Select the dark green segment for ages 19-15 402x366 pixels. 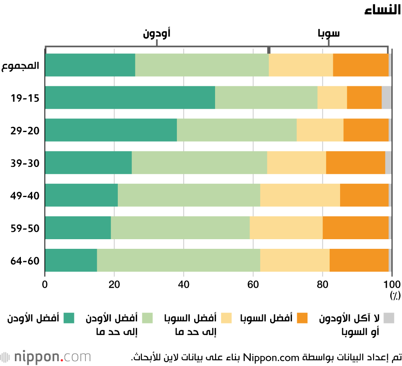[130, 98]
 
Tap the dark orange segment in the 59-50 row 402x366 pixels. [355, 228]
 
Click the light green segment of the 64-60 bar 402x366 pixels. [178, 260]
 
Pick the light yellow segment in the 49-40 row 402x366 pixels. [300, 195]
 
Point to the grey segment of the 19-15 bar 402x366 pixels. [386, 98]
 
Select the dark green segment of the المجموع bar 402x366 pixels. [90, 65]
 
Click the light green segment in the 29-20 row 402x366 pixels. [236, 130]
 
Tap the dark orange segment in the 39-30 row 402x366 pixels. [355, 163]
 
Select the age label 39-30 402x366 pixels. [25, 163]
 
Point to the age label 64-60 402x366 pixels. [25, 260]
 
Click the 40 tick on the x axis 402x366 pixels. [184, 285]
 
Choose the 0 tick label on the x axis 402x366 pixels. [45, 285]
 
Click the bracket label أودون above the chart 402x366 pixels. [156, 33]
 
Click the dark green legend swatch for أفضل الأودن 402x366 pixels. [70, 318]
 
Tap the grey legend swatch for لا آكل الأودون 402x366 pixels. [388, 318]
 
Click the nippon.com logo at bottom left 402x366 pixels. [46, 356]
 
